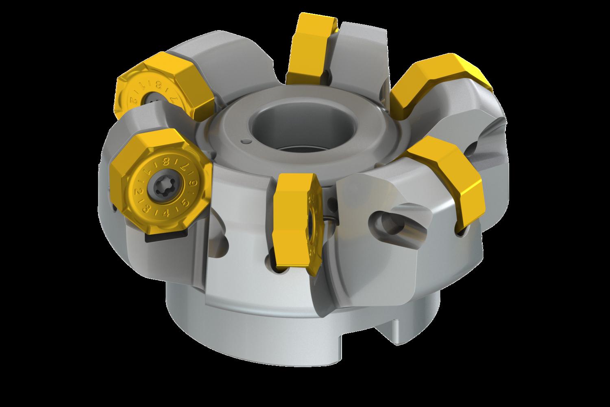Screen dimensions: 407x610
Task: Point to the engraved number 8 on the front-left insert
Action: click(x=166, y=162)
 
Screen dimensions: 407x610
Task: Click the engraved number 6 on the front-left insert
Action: click(x=193, y=183)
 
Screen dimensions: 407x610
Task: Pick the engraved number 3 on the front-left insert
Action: click(x=146, y=209)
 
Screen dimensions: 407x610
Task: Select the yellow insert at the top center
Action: click(x=311, y=45)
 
